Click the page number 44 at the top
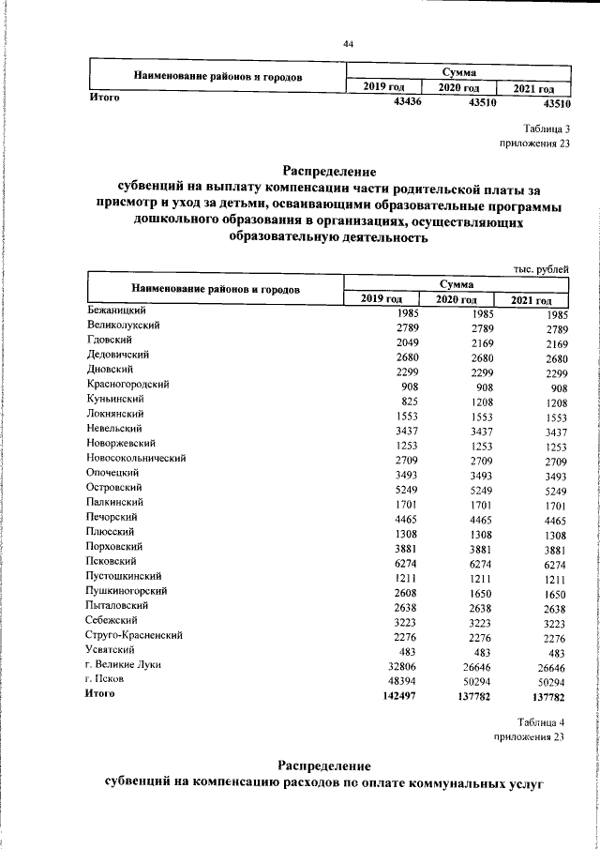point(348,44)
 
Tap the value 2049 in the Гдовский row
point(405,341)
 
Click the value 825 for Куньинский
point(410,401)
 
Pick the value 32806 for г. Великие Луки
point(402,665)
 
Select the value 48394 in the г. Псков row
point(402,679)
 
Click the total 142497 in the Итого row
point(398,694)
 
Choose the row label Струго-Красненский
point(134,635)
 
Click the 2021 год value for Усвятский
point(557,650)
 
